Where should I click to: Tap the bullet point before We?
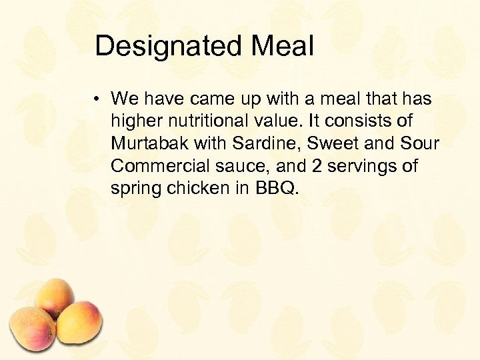97,100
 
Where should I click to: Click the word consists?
369,122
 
